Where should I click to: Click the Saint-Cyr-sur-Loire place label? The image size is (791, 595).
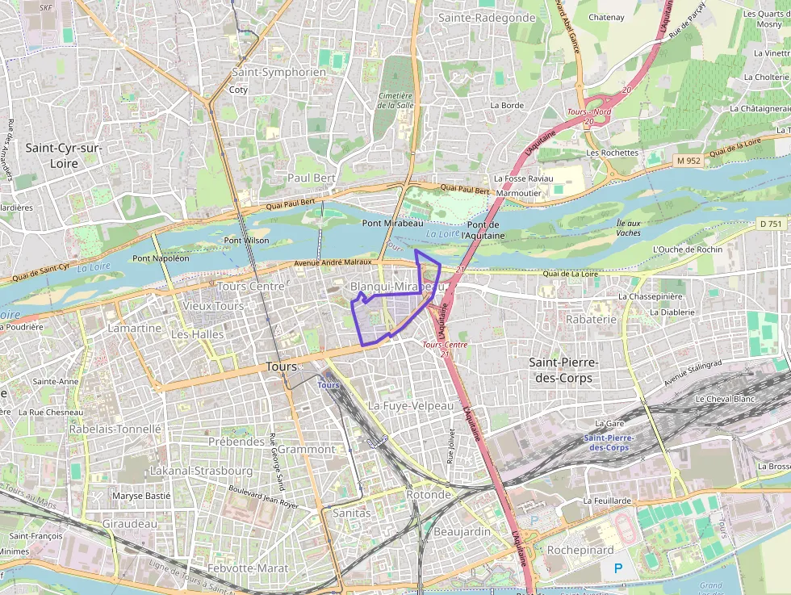[x=63, y=155]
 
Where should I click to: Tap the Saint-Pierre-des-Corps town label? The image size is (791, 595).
[x=560, y=370]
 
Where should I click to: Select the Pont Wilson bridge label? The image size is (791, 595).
[x=246, y=240]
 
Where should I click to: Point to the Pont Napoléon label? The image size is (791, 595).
[x=161, y=258]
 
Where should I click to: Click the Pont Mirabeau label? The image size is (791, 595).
[x=392, y=223]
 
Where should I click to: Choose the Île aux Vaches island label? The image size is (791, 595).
[x=628, y=228]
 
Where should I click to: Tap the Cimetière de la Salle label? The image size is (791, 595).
[x=395, y=99]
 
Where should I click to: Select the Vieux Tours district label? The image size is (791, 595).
[x=213, y=306]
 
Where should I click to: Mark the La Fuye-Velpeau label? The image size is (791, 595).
[x=411, y=406]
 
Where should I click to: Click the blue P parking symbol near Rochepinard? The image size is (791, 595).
[x=618, y=568]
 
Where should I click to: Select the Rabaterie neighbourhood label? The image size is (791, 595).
[x=591, y=319]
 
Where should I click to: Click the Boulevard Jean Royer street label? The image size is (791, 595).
[x=263, y=497]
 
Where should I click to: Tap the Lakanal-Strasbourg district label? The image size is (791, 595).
[x=201, y=471]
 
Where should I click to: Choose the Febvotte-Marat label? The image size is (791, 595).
[x=248, y=568]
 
